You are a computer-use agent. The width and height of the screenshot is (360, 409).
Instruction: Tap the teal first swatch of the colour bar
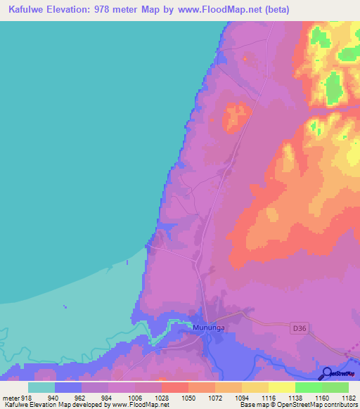point(41,387)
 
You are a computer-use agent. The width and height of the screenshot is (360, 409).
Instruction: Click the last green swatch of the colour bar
point(335,387)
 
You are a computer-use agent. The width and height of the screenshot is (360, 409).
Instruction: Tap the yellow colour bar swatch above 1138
point(281,387)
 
